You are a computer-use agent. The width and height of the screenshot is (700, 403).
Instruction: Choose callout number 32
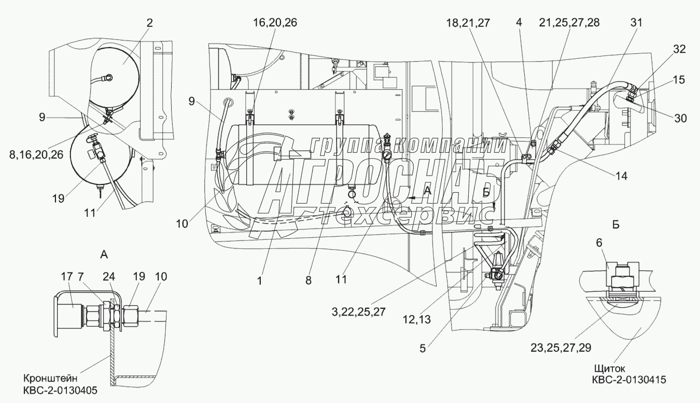point(679,49)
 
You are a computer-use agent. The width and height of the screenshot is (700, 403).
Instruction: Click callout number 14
point(621,176)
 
